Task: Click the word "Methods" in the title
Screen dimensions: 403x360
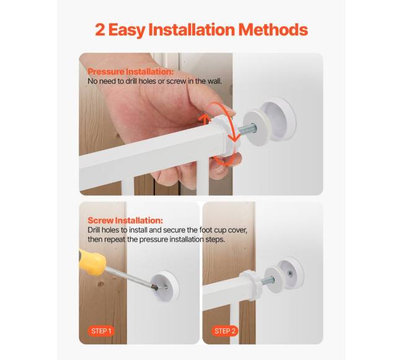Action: pyautogui.click(x=273, y=30)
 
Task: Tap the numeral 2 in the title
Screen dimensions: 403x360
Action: pyautogui.click(x=100, y=30)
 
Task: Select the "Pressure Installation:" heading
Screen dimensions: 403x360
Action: pyautogui.click(x=131, y=71)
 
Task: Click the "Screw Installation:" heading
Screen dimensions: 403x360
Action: pyautogui.click(x=125, y=221)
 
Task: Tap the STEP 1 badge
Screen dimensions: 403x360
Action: pyautogui.click(x=102, y=331)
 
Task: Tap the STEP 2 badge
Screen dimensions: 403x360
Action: pyautogui.click(x=225, y=331)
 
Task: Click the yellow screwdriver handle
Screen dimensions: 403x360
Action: pyautogui.click(x=92, y=262)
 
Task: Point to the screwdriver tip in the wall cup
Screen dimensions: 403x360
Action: pyautogui.click(x=155, y=288)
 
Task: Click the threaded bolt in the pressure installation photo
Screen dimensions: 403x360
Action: pyautogui.click(x=247, y=128)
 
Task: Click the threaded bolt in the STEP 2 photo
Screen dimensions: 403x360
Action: pyautogui.click(x=268, y=280)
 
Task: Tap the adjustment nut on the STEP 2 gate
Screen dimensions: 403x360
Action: pyautogui.click(x=252, y=284)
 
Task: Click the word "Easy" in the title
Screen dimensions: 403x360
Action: pyautogui.click(x=126, y=30)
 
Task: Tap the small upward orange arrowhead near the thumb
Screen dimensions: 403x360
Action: pyautogui.click(x=204, y=119)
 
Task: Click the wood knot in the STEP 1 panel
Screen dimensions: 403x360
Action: pyautogui.click(x=100, y=284)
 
